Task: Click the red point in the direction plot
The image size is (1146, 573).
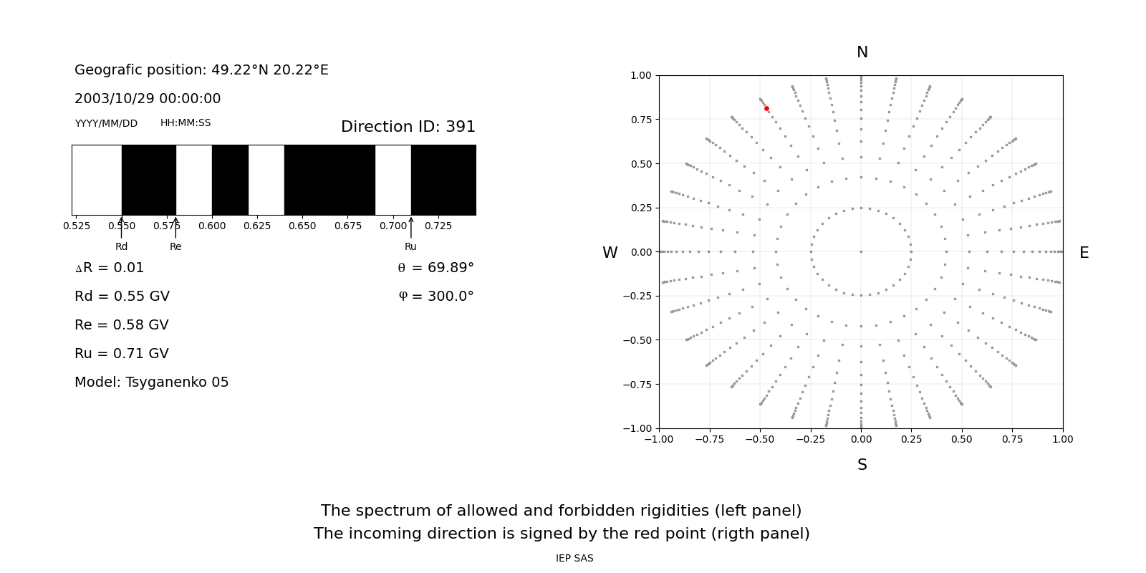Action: click(766, 109)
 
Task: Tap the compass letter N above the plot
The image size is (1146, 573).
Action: click(862, 52)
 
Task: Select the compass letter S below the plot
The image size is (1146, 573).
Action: click(862, 465)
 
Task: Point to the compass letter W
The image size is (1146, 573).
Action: click(610, 253)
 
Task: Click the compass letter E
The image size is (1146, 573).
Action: click(1084, 253)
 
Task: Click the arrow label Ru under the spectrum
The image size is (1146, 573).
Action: click(410, 246)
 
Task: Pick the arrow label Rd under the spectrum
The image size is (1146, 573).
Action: click(122, 246)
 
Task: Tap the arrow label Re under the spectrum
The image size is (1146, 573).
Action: click(175, 246)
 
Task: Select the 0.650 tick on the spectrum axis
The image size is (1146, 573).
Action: click(302, 226)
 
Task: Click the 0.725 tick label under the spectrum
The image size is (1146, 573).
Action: click(438, 226)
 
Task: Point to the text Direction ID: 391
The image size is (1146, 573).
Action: click(408, 127)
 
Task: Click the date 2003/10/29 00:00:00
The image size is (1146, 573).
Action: click(148, 99)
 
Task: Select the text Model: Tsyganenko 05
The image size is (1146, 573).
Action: click(151, 382)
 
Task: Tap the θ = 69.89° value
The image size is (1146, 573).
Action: click(435, 268)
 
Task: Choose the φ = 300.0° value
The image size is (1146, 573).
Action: click(435, 297)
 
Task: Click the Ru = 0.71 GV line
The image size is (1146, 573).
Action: click(122, 354)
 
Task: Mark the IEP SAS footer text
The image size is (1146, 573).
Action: click(574, 558)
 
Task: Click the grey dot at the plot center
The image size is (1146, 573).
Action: click(861, 251)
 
